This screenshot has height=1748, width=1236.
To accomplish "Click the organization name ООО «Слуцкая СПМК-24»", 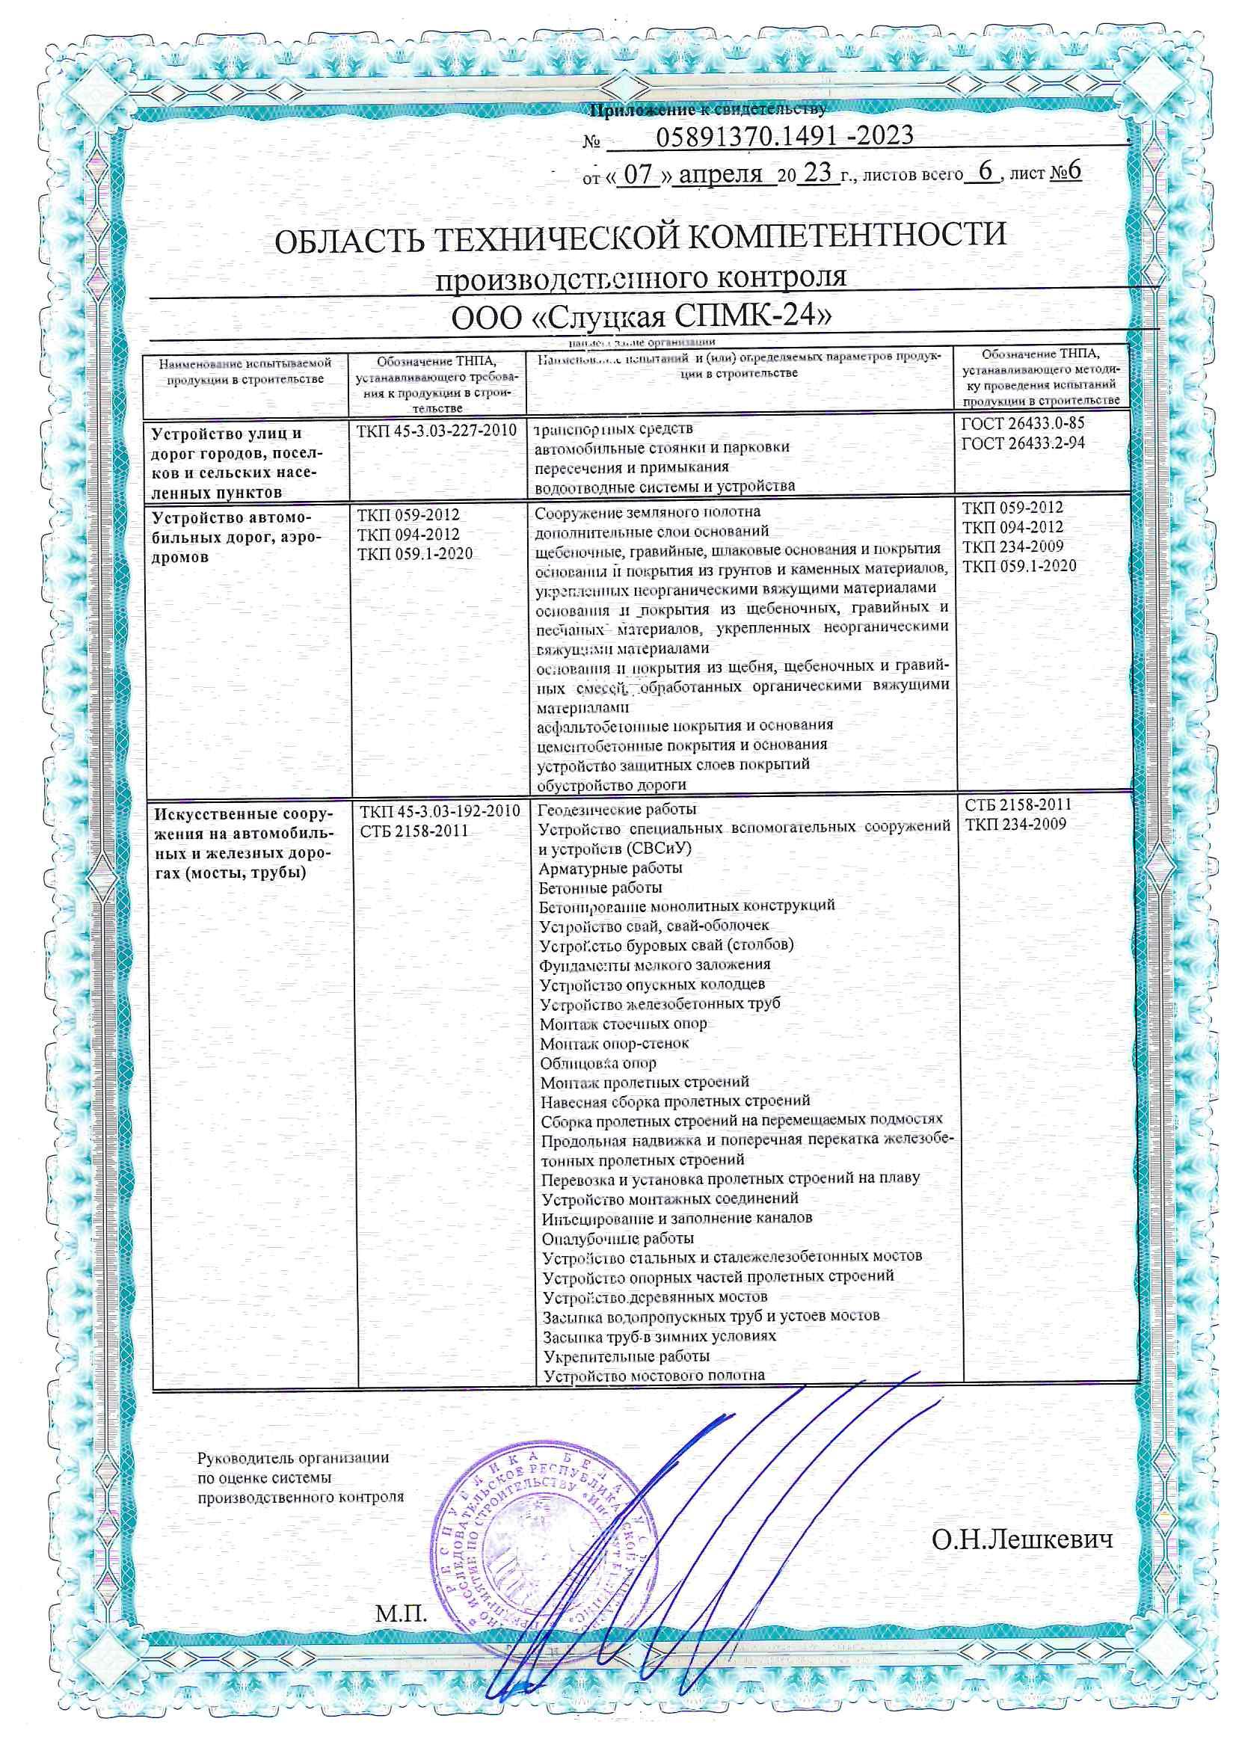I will [641, 316].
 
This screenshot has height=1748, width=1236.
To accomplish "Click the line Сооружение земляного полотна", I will [648, 511].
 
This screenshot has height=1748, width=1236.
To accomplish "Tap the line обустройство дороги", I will [612, 785].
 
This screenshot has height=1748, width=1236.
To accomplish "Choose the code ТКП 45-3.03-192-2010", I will [440, 810].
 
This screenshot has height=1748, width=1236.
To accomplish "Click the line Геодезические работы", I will [617, 809].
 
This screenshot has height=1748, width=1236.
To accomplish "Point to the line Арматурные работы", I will [611, 868].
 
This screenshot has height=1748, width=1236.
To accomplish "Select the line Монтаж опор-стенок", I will [615, 1044].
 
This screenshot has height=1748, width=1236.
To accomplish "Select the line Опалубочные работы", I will [618, 1239].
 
